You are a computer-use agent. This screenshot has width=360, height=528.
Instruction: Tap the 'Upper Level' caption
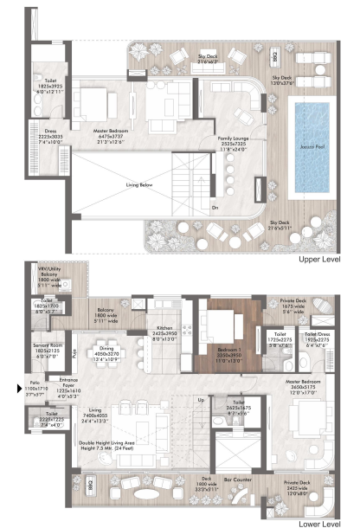coord(324,258)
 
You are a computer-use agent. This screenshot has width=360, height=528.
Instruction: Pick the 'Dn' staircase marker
coord(215,208)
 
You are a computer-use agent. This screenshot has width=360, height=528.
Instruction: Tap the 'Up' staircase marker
coord(201,400)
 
